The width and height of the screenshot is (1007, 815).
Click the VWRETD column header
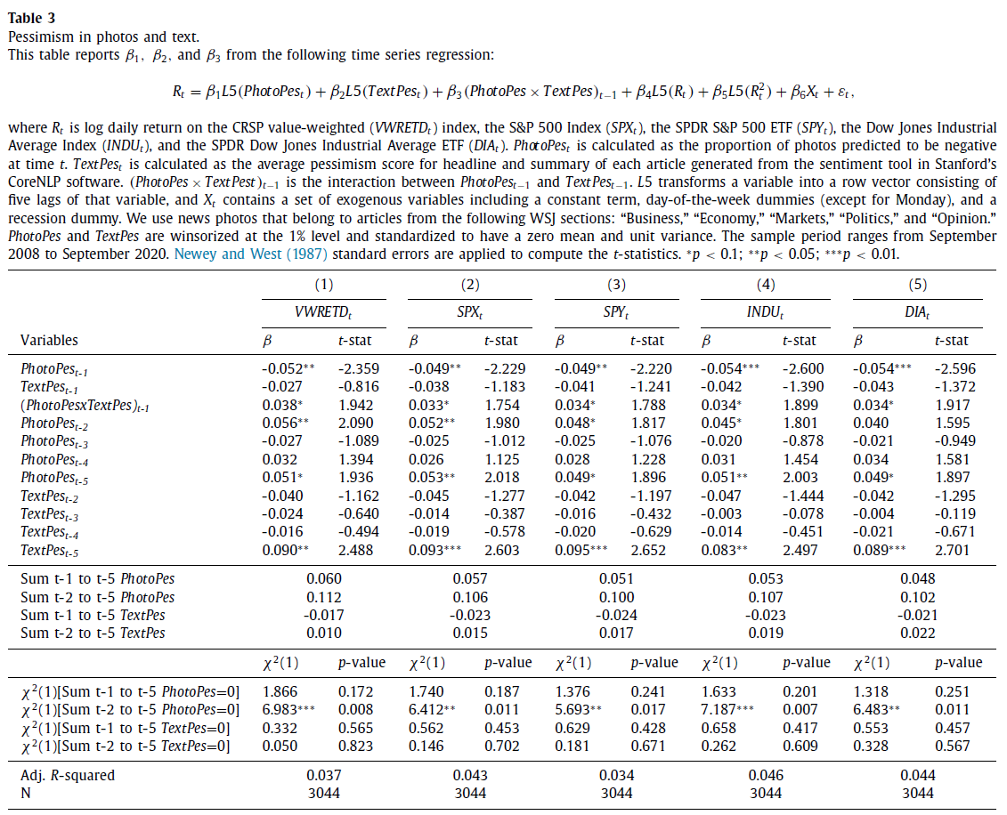coord(322,314)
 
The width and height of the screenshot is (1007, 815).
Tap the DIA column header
coord(918,314)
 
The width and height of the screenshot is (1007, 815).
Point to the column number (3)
coord(615,285)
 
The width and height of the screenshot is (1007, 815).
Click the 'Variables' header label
coord(49,340)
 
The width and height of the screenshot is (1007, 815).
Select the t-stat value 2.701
coord(953,550)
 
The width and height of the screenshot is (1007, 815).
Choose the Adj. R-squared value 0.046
coord(766,775)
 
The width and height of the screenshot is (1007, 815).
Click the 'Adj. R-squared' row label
coord(68,775)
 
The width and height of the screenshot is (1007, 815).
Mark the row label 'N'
coord(26,793)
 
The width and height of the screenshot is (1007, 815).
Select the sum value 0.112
coord(323,597)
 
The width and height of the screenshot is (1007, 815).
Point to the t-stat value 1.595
coord(953,423)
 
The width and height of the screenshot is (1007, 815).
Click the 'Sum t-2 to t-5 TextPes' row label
coord(93,633)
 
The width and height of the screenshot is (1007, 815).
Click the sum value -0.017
coord(323,615)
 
